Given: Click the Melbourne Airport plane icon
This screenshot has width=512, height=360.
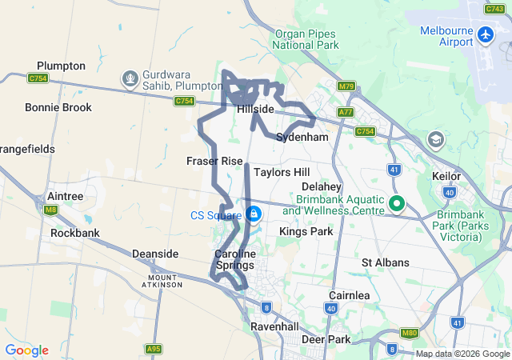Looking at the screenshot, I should pos(486,34).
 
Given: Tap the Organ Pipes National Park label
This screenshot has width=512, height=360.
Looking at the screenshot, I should pos(306,39).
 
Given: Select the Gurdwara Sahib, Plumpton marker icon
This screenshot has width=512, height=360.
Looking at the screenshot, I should pos(130,78).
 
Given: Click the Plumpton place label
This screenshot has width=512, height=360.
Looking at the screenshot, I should pos(61,66).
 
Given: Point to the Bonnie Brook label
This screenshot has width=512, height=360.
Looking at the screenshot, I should pos(58,107).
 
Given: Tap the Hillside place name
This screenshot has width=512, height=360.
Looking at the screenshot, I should pos(255,109).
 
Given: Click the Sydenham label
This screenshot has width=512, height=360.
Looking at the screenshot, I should pos(302,138).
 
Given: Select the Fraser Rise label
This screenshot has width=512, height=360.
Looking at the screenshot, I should pos(214,161).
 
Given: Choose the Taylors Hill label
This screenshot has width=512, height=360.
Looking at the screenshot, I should pos(281,172).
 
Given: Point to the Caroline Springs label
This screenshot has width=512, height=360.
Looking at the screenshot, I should pos(234,259).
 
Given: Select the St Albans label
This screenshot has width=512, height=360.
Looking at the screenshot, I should pos(385,262).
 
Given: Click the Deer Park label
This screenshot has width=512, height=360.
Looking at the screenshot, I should pos(326,339).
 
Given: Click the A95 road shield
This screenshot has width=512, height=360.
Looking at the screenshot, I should pos(154,350).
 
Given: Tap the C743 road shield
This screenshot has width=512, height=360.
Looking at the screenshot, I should pos(496,8).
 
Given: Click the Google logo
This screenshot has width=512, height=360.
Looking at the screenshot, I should pos(27,350).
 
